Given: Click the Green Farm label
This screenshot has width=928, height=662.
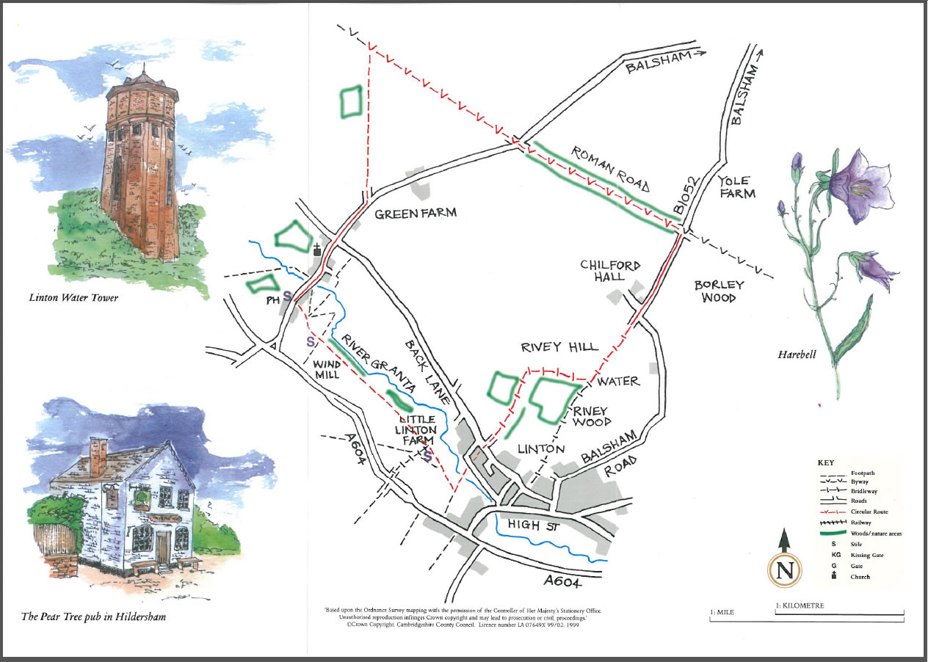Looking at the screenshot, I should click(416, 214).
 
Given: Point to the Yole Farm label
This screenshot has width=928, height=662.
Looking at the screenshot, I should click(736, 187).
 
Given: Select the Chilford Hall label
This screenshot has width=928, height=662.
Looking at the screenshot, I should click(610, 270).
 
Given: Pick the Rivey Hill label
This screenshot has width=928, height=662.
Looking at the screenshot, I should click(559, 347).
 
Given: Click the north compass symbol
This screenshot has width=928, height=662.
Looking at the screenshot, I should click(784, 569).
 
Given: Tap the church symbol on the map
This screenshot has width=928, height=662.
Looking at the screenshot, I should click(317, 250).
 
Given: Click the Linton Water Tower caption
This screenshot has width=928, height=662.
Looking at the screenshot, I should click(73, 298).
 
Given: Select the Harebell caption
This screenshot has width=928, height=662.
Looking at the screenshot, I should click(798, 354).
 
